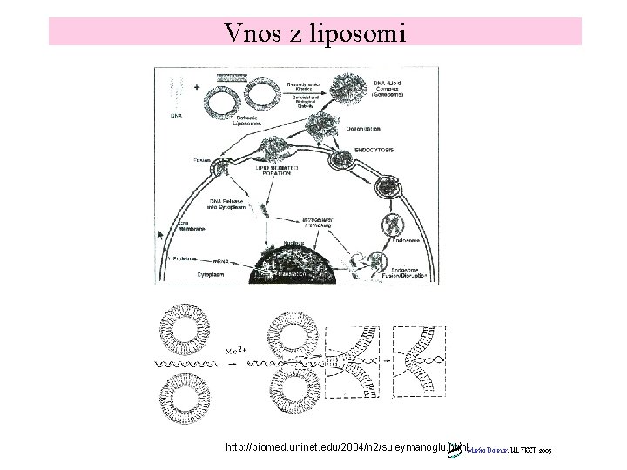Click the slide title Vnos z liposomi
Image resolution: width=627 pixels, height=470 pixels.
pyautogui.click(x=313, y=31)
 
